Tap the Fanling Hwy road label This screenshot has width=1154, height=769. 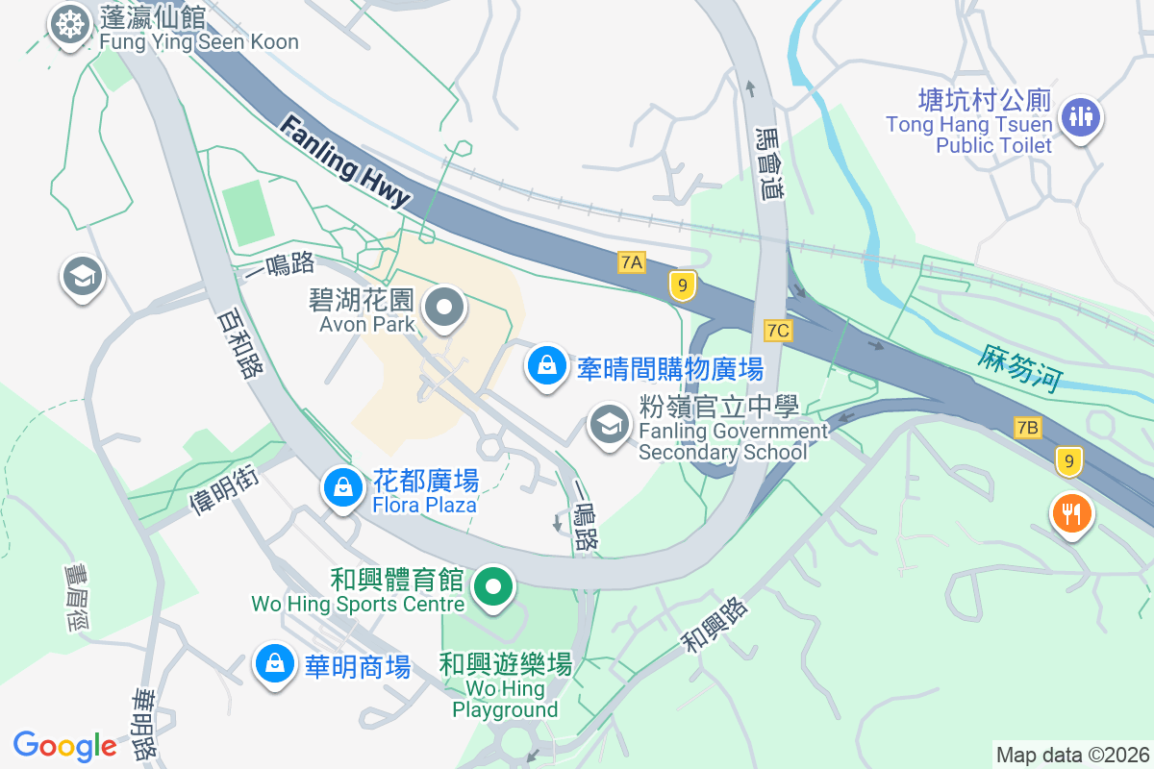[346, 162]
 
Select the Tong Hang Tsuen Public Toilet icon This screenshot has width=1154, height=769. [1081, 117]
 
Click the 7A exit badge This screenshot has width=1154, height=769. [631, 262]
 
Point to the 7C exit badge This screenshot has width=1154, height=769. [778, 331]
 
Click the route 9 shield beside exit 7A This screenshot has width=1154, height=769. [682, 285]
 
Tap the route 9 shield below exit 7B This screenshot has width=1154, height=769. [1067, 461]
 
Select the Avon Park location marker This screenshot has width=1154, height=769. [444, 309]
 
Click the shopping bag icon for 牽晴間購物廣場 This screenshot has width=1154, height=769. [546, 366]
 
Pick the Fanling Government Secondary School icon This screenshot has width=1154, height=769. [608, 424]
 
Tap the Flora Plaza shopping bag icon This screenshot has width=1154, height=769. [342, 487]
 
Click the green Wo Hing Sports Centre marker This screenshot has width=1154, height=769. [493, 586]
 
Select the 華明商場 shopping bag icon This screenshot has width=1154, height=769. [275, 664]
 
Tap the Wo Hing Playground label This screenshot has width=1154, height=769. [505, 688]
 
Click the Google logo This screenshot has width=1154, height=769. [64, 746]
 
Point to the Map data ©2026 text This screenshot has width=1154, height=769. [1072, 755]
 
